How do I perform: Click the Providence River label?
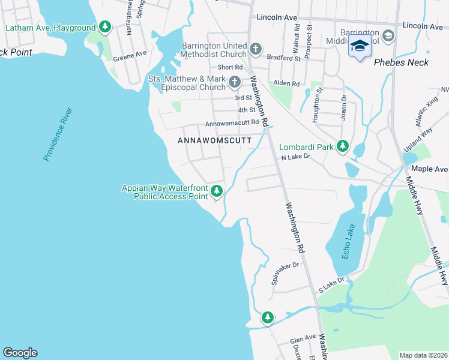click(57, 134)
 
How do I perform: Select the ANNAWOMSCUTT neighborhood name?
click(215, 140)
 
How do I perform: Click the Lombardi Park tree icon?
click(343, 146)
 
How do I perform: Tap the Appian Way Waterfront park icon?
click(217, 192)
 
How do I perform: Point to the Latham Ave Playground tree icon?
click(106, 27)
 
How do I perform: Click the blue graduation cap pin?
click(360, 46)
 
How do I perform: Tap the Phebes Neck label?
click(399, 62)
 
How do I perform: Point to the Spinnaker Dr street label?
click(284, 272)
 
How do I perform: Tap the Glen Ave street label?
click(303, 339)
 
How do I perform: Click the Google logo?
click(20, 353)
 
